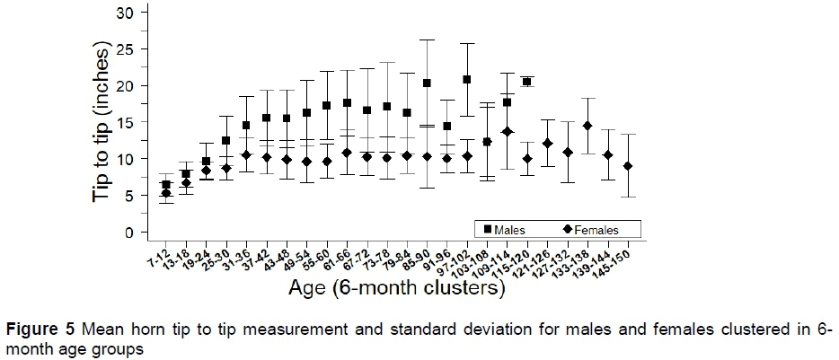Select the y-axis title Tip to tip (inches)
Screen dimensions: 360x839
106,123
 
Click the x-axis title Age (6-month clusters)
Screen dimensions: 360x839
395,289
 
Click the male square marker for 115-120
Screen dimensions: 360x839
527,82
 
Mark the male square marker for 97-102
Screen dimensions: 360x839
467,80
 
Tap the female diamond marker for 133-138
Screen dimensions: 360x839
587,126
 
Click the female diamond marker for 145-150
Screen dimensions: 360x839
627,166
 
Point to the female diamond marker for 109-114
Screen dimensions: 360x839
508,132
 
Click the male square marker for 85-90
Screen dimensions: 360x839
427,83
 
